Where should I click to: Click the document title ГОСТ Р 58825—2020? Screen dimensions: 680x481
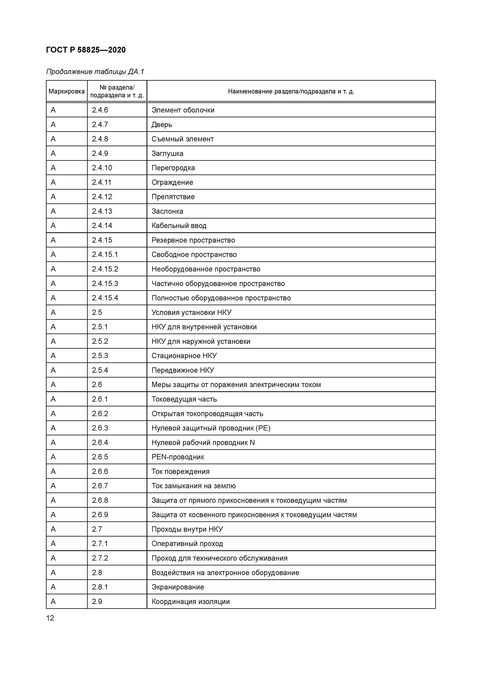pos(86,50)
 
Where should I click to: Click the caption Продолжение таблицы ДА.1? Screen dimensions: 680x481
pos(95,72)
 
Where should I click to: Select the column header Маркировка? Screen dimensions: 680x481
pos(67,91)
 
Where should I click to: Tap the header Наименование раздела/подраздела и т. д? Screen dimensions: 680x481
pos(291,91)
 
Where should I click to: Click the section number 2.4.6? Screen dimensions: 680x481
pos(100,110)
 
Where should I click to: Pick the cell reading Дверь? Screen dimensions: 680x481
pos(162,124)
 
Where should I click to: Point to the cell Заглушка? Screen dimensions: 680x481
pos(167,153)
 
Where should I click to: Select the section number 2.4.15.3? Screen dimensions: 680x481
pos(105,283)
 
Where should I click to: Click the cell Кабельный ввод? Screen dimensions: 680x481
pos(179,226)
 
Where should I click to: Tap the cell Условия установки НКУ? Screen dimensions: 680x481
pos(191,312)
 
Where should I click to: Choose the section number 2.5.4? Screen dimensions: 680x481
pos(100,370)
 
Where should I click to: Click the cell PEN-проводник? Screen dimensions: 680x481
pos(178,457)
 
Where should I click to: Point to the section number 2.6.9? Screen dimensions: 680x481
pos(100,515)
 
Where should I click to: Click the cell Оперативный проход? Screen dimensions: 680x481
pos(187,543)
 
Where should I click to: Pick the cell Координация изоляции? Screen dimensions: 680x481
pos(190,601)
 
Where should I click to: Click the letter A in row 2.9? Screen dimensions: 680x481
pos(53,601)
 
